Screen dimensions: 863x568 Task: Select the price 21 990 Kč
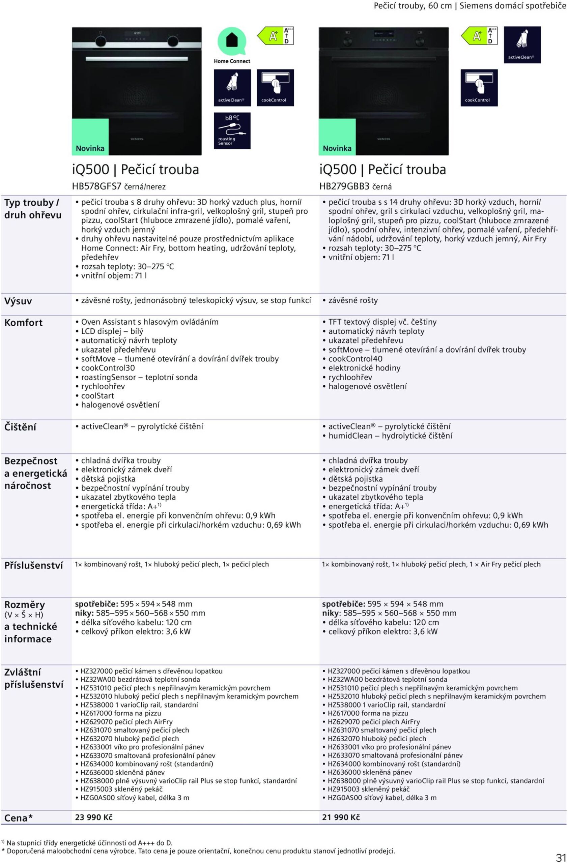point(341,817)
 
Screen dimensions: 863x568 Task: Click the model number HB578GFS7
point(96,187)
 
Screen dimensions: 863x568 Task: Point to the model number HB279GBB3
point(344,187)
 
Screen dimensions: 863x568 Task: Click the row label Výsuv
point(18,301)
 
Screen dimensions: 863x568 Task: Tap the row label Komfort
point(23,322)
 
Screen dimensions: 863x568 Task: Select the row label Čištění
point(20,427)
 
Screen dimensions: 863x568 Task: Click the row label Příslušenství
point(33,565)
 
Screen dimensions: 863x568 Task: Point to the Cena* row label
point(19,818)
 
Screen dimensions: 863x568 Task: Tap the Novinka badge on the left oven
point(90,148)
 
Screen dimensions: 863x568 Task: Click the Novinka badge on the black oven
point(337,148)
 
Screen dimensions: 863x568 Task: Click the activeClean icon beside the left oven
point(232,88)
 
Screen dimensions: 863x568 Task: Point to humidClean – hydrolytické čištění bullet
point(390,436)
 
